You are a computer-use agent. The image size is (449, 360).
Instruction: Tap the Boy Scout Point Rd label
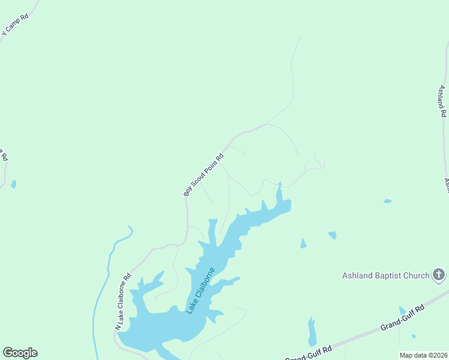point(203,175)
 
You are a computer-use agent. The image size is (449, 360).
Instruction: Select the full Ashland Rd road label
point(442,101)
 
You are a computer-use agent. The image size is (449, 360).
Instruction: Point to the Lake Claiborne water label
point(200,290)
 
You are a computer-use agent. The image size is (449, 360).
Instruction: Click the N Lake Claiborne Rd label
point(123,302)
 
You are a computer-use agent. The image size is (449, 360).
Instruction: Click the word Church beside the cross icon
point(417,276)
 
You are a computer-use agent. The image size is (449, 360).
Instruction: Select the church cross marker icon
point(439,275)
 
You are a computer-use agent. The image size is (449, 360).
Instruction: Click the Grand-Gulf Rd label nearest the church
point(402,319)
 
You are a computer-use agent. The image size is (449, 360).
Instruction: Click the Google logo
point(20,353)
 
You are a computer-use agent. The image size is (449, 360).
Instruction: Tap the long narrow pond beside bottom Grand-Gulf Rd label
point(312,332)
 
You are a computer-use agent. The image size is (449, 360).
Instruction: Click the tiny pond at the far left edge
point(13,184)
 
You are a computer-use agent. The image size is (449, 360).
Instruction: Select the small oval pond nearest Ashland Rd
point(387,201)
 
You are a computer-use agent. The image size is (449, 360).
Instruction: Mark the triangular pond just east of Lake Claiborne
point(303,243)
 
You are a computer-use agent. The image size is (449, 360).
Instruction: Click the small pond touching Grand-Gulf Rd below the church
point(402,310)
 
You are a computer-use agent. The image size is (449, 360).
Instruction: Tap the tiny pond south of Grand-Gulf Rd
point(414,336)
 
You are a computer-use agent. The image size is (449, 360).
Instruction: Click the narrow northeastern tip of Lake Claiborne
point(279,196)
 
